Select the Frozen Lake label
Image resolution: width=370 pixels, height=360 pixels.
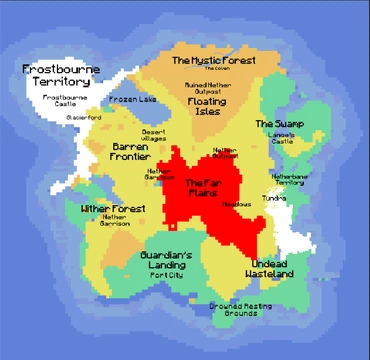click(133, 100)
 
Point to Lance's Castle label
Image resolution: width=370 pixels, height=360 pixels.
click(282, 140)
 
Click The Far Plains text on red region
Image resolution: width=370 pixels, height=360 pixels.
click(210, 187)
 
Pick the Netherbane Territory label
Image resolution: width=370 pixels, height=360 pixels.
click(288, 180)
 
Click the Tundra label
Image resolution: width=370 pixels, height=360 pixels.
click(274, 198)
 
